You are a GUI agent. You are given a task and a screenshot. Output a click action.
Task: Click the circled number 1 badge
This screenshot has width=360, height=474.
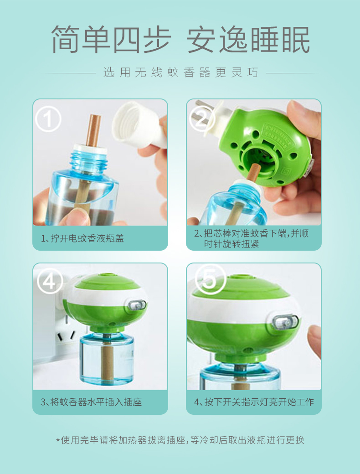[48, 119]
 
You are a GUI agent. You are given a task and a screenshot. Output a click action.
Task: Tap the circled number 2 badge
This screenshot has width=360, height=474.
[202, 118]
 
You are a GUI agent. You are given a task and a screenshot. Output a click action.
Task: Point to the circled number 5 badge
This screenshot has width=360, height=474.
[210, 280]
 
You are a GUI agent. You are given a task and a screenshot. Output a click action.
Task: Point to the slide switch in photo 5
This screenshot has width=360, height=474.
[285, 322]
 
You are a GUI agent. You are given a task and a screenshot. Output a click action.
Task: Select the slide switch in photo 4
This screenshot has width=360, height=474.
[137, 305]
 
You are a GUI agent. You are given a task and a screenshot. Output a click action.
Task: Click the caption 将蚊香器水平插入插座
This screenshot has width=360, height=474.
[92, 402]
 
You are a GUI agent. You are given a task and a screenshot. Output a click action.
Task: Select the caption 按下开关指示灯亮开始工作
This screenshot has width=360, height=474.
[254, 402]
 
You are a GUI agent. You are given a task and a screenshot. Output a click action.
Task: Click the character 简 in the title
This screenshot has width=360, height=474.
[65, 39]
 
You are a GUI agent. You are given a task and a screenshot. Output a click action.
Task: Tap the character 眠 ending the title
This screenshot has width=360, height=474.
[296, 39]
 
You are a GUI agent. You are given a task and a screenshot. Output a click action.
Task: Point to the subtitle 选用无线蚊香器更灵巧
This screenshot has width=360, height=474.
[181, 72]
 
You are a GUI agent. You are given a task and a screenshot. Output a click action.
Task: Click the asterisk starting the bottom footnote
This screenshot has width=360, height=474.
[58, 440]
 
